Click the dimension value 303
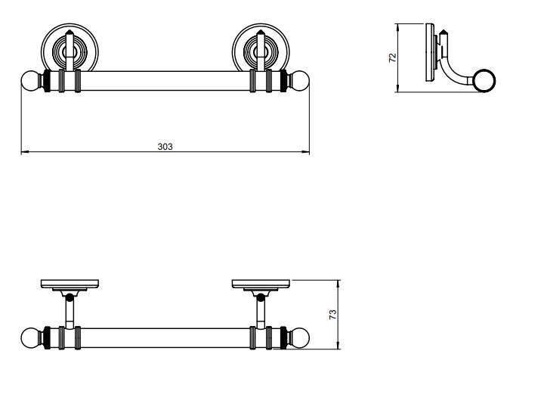(x=165, y=147)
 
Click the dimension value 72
(x=393, y=57)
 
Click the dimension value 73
(x=332, y=314)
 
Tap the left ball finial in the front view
(x=30, y=80)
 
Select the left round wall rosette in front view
(x=70, y=48)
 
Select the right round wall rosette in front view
(x=261, y=48)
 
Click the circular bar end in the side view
(x=484, y=80)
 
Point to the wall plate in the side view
(x=430, y=52)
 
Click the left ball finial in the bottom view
(x=30, y=337)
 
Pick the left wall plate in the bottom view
(x=70, y=284)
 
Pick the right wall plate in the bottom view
(x=261, y=284)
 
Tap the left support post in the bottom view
(x=70, y=312)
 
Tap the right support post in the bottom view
(x=261, y=312)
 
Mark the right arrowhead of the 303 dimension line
(x=306, y=151)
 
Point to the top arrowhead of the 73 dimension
(x=339, y=284)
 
